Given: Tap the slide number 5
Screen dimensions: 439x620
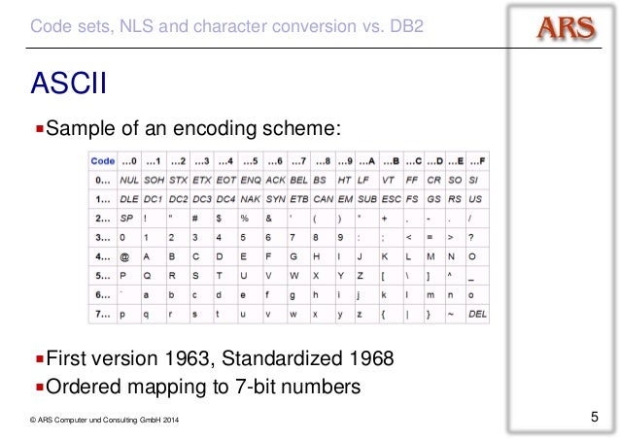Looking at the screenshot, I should [x=594, y=419].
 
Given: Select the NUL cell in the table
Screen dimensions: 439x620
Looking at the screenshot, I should [x=127, y=180].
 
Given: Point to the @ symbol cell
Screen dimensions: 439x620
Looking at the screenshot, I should [x=123, y=256].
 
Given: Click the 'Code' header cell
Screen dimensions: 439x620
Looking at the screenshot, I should [x=102, y=160].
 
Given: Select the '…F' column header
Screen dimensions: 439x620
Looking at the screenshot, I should [x=475, y=160].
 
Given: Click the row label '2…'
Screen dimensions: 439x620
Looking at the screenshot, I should [x=102, y=218].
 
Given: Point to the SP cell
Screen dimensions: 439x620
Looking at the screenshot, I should [x=126, y=218].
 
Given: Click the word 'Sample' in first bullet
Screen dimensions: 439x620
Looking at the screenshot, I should [x=86, y=128].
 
